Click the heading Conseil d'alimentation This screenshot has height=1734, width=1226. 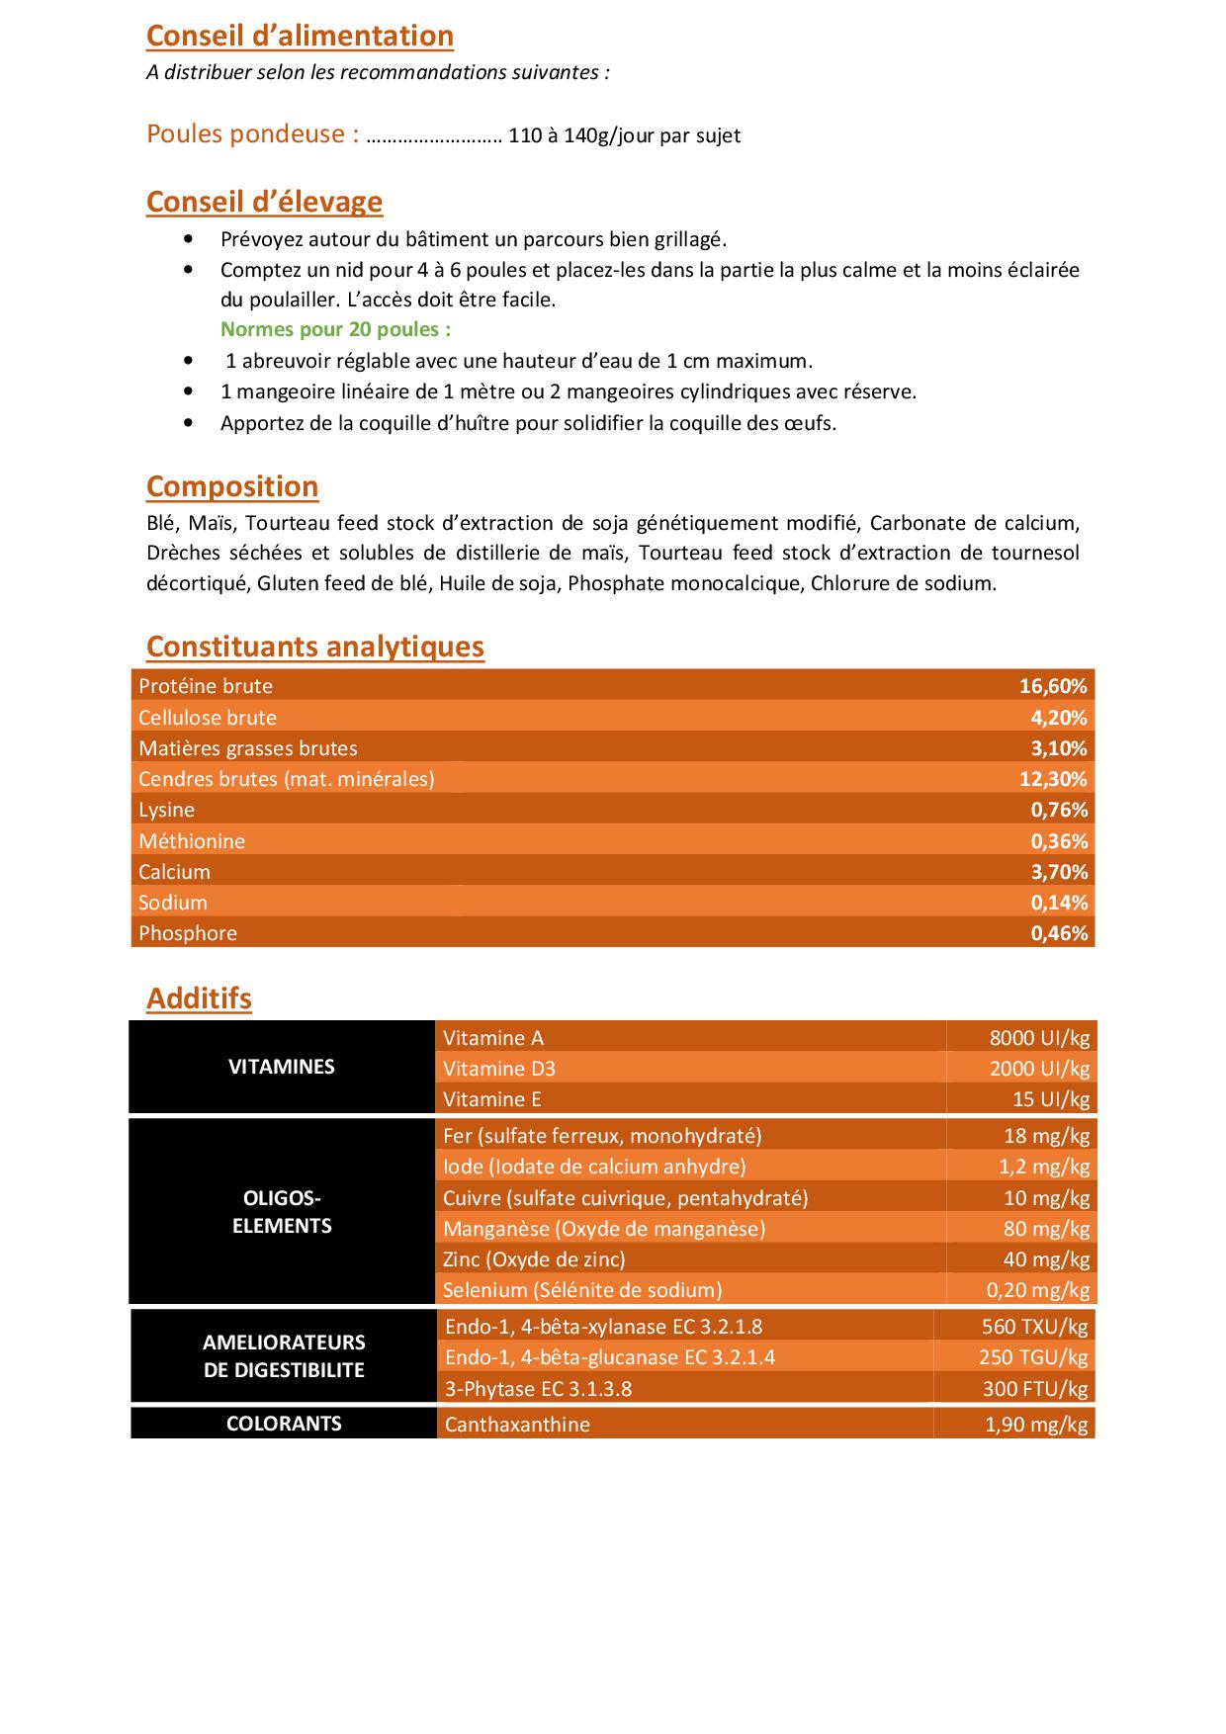pos(300,36)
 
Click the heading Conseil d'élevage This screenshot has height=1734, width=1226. pos(264,202)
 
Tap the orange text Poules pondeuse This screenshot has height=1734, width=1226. pos(252,134)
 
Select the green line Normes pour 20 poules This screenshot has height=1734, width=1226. pos(335,329)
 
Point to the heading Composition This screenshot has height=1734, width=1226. pos(232,486)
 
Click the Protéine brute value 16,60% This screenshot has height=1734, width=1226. pos(1053,686)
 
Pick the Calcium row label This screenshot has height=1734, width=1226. pos(175,872)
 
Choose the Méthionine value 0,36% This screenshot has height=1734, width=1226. pos(1059,841)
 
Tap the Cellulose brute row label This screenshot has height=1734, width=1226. pos(208,718)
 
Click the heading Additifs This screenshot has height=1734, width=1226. pos(199,998)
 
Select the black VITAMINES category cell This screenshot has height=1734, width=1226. pos(282,1067)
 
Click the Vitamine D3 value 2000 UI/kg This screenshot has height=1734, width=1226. pos(1039,1069)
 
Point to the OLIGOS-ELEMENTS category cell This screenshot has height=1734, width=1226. pos(282,1212)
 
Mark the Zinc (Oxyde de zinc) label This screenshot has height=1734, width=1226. pos(534,1259)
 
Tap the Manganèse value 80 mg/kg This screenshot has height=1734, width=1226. pos(1046,1229)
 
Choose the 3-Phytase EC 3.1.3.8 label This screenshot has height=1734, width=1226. pos(538,1389)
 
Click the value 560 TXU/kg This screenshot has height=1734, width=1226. pos(1034,1327)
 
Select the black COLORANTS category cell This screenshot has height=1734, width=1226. pos(284,1424)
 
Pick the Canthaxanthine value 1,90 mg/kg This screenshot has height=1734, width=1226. pos(1036,1425)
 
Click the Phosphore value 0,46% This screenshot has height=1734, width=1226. pos(1059,933)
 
